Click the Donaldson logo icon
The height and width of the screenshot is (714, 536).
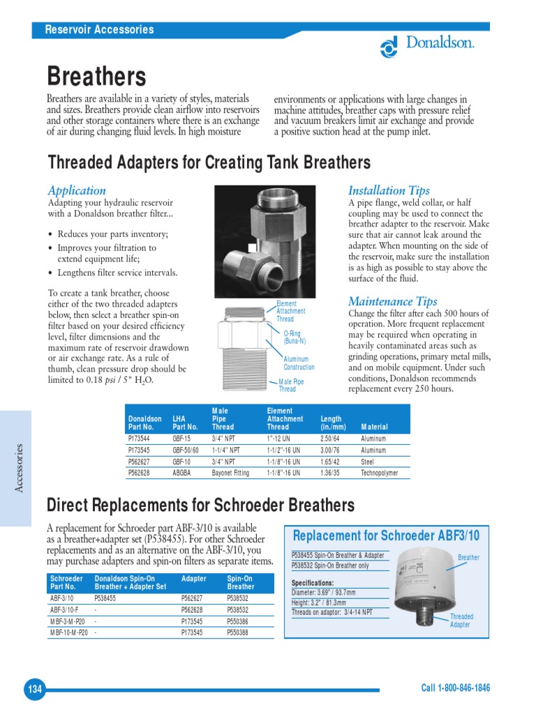pyautogui.click(x=389, y=47)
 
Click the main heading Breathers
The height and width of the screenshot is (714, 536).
pyautogui.click(x=96, y=76)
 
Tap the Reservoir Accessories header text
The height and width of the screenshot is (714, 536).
pyautogui.click(x=99, y=29)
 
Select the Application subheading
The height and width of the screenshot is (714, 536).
pyautogui.click(x=77, y=190)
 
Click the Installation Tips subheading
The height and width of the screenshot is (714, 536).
pyautogui.click(x=389, y=190)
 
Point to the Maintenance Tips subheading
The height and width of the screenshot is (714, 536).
pyautogui.click(x=393, y=301)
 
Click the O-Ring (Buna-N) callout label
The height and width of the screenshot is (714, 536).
pyautogui.click(x=294, y=337)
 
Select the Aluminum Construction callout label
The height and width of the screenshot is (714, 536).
pyautogui.click(x=299, y=363)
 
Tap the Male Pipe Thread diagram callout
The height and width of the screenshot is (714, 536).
pyautogui.click(x=291, y=386)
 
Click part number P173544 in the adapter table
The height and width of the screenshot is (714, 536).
pyautogui.click(x=140, y=439)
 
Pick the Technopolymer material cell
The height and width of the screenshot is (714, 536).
pyautogui.click(x=382, y=473)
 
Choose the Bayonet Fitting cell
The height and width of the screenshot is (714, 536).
pyautogui.click(x=230, y=473)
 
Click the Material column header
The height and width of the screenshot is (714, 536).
pyautogui.click(x=374, y=427)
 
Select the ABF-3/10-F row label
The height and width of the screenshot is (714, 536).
pyautogui.click(x=66, y=609)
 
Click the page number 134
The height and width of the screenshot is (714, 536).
pyautogui.click(x=34, y=690)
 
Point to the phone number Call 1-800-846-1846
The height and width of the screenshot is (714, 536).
pyautogui.click(x=455, y=688)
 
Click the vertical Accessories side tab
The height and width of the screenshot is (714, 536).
pyautogui.click(x=20, y=468)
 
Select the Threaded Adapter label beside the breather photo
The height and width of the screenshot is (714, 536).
pyautogui.click(x=461, y=621)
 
